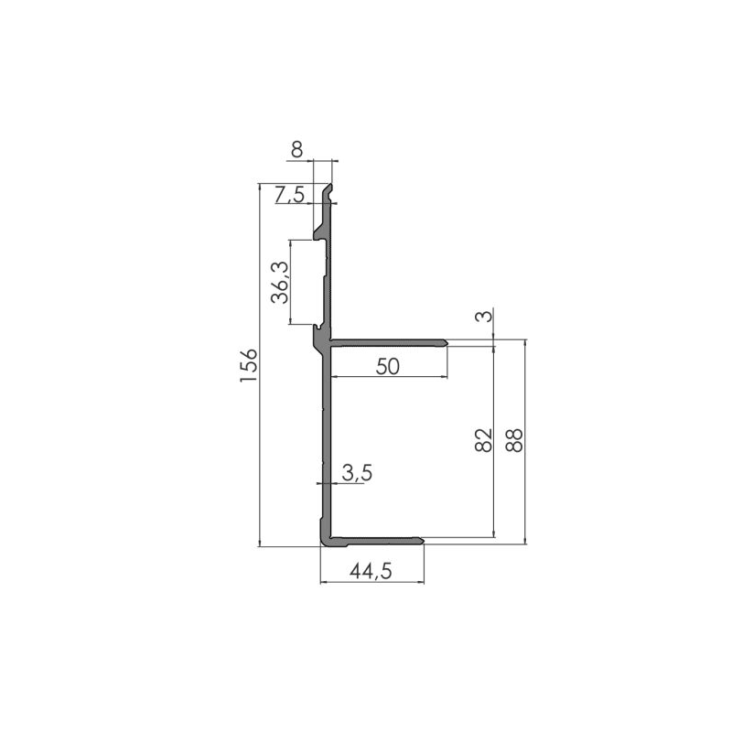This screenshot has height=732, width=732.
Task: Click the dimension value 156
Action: (x=249, y=366)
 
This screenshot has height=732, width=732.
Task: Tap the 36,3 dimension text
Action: (x=280, y=283)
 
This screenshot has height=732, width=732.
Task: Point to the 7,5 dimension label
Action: (x=291, y=195)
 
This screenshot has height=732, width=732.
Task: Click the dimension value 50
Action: (x=388, y=366)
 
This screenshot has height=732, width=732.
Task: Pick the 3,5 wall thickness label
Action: (x=356, y=473)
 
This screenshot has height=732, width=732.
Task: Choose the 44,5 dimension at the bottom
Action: (x=371, y=572)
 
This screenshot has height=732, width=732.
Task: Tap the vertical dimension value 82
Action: (x=484, y=440)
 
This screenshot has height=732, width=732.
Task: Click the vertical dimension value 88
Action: (x=514, y=440)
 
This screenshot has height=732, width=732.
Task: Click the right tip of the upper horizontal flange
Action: (x=447, y=343)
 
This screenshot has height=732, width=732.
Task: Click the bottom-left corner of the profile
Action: (x=322, y=544)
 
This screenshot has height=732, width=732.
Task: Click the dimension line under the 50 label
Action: (x=388, y=377)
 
